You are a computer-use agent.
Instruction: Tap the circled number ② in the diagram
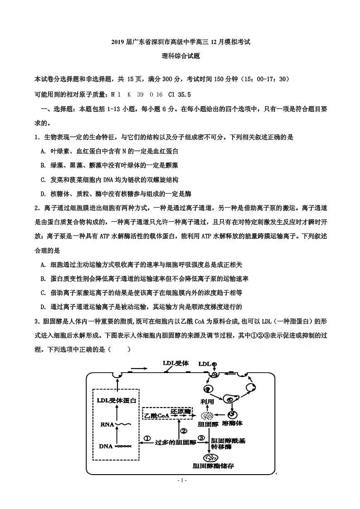184,431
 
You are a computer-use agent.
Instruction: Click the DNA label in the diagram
106,446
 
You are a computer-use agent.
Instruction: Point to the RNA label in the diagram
105,425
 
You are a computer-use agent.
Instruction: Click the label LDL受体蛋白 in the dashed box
117,401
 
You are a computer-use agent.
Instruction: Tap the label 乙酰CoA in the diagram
156,415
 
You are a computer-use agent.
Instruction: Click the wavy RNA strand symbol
124,425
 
